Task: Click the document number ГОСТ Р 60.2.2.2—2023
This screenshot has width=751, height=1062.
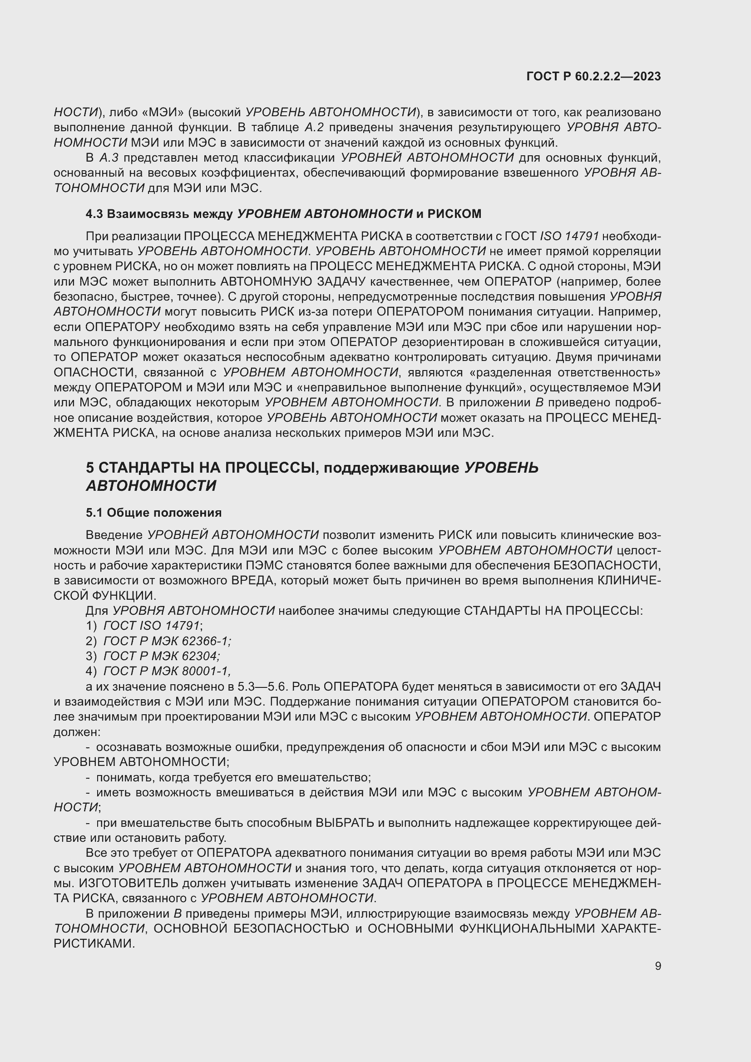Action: pos(593,77)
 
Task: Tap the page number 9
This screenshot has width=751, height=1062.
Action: pos(657,966)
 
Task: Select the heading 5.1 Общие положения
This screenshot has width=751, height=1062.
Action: pos(153,513)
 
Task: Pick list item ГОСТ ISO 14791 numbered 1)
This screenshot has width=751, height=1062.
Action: pos(152,626)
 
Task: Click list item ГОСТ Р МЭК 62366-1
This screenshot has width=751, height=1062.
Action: pos(167,641)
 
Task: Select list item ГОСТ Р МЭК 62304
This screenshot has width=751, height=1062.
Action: pos(161,656)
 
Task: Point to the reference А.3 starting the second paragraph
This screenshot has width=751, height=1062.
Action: pos(109,158)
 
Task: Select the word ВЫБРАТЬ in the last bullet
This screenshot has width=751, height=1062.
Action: pos(345,823)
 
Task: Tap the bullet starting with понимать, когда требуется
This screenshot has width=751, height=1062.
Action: pos(233,777)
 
